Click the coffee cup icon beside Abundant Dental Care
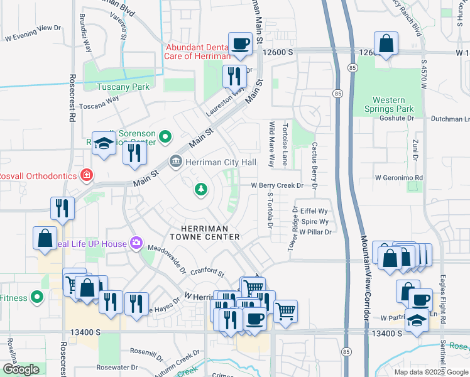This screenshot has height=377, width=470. pos(240,43)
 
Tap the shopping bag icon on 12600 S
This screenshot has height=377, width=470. pos(386,43)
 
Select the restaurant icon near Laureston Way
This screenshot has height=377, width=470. pos(234,77)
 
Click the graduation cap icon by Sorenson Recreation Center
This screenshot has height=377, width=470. pos(104,143)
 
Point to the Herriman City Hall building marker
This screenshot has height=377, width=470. pos(176,163)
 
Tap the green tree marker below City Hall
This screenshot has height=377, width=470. pos(200,188)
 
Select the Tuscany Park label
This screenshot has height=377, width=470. pos(123,87)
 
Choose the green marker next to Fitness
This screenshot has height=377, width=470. pos(37,296)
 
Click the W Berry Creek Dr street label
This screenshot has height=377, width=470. pos(277,185)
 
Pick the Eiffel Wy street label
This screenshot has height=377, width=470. pos(315,211)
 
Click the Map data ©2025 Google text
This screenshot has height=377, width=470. pos(430,371)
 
